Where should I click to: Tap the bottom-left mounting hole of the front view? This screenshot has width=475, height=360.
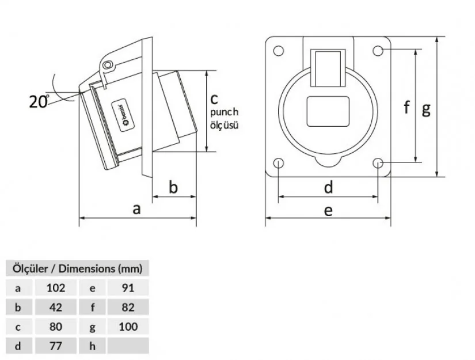tap(279, 163)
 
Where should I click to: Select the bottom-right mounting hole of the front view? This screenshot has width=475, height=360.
tap(378, 163)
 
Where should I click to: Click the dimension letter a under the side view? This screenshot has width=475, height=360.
tap(136, 209)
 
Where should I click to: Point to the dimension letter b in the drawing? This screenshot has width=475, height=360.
tap(174, 187)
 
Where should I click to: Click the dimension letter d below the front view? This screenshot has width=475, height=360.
tap(328, 187)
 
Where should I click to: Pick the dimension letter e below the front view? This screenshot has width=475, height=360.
tap(328, 210)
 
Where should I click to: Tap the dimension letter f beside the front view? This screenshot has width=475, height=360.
tap(406, 107)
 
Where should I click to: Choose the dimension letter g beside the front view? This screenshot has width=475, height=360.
tap(426, 108)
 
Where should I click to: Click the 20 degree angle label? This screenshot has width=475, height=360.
tap(39, 102)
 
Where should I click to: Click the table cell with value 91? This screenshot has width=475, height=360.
tap(128, 287)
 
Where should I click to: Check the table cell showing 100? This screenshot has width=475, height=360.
tap(128, 327)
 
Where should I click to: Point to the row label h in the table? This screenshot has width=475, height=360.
tap(92, 346)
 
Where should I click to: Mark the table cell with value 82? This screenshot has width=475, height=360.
tap(128, 307)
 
